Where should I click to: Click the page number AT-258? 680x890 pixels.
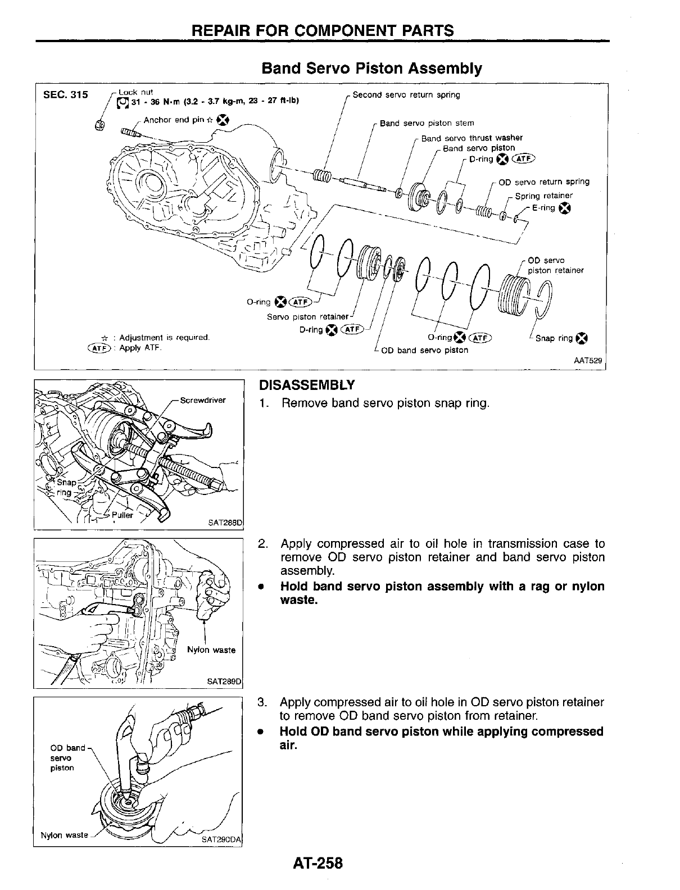[x=317, y=863]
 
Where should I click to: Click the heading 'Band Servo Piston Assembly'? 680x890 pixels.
[x=371, y=69]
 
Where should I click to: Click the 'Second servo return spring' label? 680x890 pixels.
[x=406, y=95]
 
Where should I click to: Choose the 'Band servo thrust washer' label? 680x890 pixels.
[x=472, y=138]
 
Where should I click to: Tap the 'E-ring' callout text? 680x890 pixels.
[x=543, y=208]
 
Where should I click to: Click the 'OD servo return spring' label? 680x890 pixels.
[x=544, y=181]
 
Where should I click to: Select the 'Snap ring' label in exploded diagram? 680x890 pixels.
[x=555, y=338]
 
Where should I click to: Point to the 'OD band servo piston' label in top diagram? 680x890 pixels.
[x=424, y=351]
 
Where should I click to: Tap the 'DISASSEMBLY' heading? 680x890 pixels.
[x=307, y=385]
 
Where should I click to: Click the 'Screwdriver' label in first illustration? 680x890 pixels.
[x=203, y=400]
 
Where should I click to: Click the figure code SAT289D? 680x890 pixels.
[x=223, y=682]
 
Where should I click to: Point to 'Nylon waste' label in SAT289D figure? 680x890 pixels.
[x=211, y=650]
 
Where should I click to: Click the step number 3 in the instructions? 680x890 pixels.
[x=261, y=702]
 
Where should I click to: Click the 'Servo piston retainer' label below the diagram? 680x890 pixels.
[x=309, y=317]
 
